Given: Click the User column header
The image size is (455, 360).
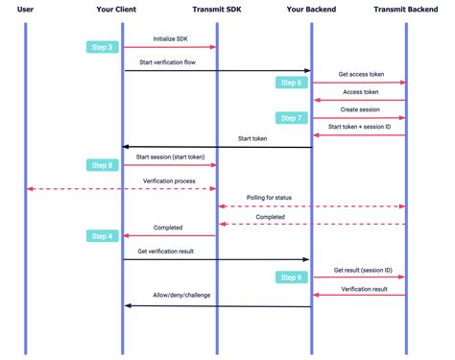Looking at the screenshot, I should coord(26,9).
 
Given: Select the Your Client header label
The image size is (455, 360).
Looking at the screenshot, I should coord(122,9).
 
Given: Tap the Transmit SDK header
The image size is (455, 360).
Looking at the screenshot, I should coord(216,9).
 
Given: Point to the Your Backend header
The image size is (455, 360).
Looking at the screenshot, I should coord(311,9).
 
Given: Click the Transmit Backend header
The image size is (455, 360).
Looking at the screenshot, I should coord(406,9).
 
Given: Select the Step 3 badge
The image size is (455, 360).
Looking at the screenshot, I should coord(101,47).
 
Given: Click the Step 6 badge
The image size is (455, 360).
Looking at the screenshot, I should coord(291,83).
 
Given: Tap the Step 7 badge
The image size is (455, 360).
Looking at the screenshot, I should coord(291,117).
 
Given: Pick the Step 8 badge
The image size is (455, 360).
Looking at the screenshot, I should coord(101,165).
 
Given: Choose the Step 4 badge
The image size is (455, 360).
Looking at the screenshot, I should coord(101,235).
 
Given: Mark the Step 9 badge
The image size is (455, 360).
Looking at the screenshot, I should coord(291,277).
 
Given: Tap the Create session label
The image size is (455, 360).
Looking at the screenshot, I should coord(359,109).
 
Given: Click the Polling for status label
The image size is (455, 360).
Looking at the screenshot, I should coord(270,198).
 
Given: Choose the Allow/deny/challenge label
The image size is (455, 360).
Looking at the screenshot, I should coord(181,296).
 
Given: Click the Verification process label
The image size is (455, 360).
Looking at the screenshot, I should coord(170,180).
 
